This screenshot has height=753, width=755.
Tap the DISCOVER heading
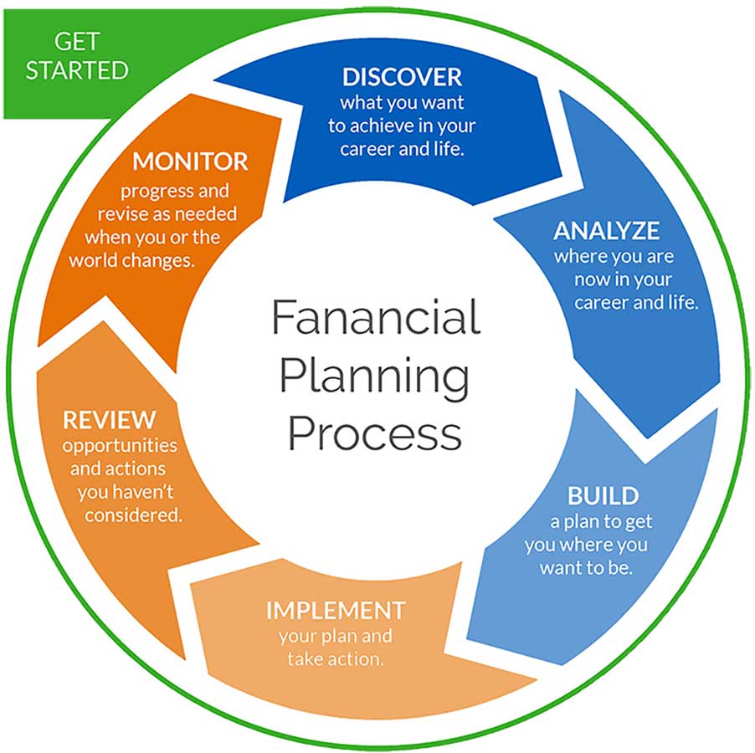pos(402,77)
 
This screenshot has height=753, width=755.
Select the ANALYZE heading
pos(607,231)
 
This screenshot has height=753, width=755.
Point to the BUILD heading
pos(603,496)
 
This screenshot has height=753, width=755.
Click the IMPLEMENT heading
pos(336,611)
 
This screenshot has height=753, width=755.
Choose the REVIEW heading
pos(110,420)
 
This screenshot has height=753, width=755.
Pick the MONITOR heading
pos(190,161)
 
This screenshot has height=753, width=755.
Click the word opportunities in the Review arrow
pos(120,446)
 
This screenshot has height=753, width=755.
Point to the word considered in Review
pos(134,515)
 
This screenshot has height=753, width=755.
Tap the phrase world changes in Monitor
pos(132,261)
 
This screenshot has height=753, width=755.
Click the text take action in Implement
pos(336,658)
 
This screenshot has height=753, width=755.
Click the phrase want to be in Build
pos(586,568)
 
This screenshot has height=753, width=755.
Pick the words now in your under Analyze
pos(623,279)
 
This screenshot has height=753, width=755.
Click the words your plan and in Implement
pos(336,636)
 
